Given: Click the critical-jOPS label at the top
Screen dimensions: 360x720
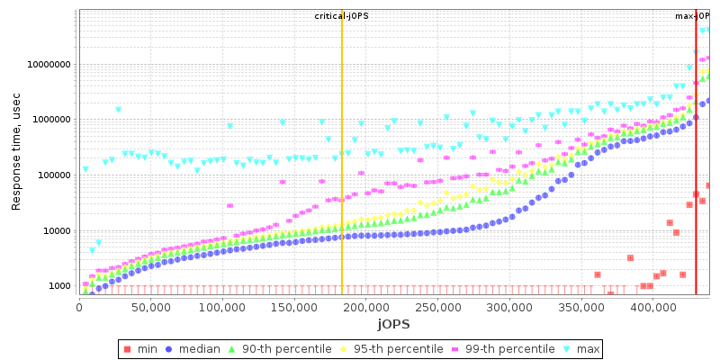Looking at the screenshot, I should coord(341,16).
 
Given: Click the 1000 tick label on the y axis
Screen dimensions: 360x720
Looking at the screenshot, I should coord(57,286).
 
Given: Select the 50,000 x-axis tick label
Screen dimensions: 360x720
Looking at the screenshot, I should coord(151,308).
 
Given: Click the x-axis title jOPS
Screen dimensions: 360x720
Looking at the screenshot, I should coord(393,323).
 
